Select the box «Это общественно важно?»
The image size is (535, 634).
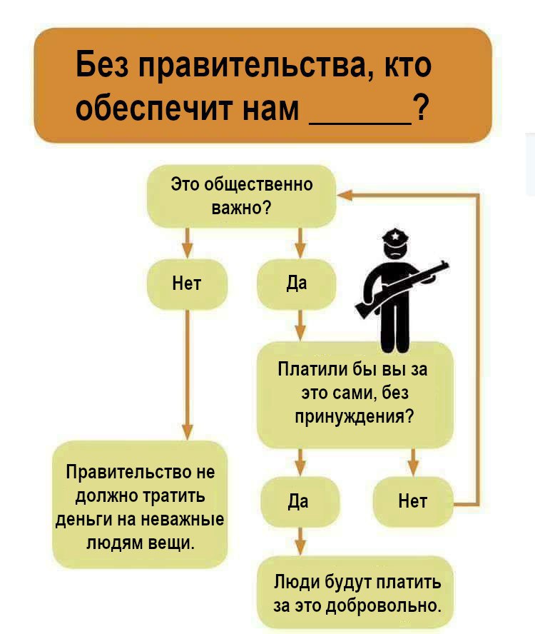241,196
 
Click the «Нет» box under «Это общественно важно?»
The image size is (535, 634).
187,284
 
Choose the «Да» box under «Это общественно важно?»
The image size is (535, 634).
297,284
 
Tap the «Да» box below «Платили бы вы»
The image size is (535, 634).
300,502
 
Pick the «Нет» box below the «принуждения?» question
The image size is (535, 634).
412,502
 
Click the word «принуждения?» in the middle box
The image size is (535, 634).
355,416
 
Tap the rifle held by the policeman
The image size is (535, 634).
402,287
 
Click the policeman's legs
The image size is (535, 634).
396,328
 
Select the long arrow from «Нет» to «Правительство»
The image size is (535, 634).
187,375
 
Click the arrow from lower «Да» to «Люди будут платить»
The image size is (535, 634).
300,541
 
